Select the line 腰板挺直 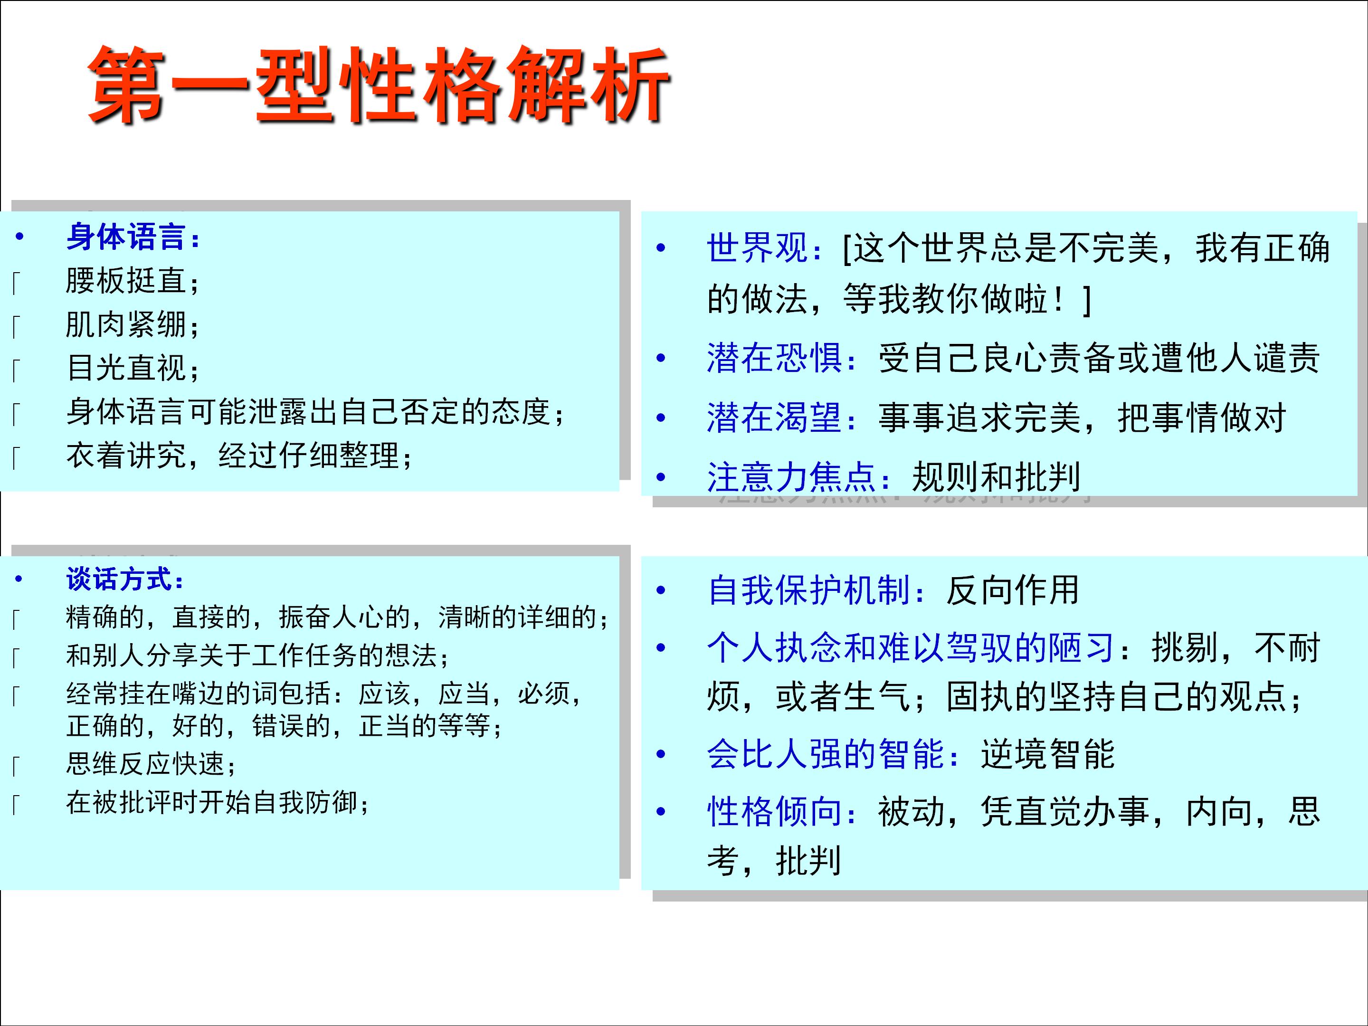(133, 281)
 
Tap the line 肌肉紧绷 (133, 325)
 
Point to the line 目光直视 (133, 368)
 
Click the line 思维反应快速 (151, 764)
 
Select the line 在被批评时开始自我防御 (217, 803)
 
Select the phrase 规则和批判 (996, 477)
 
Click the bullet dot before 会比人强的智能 (661, 754)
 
